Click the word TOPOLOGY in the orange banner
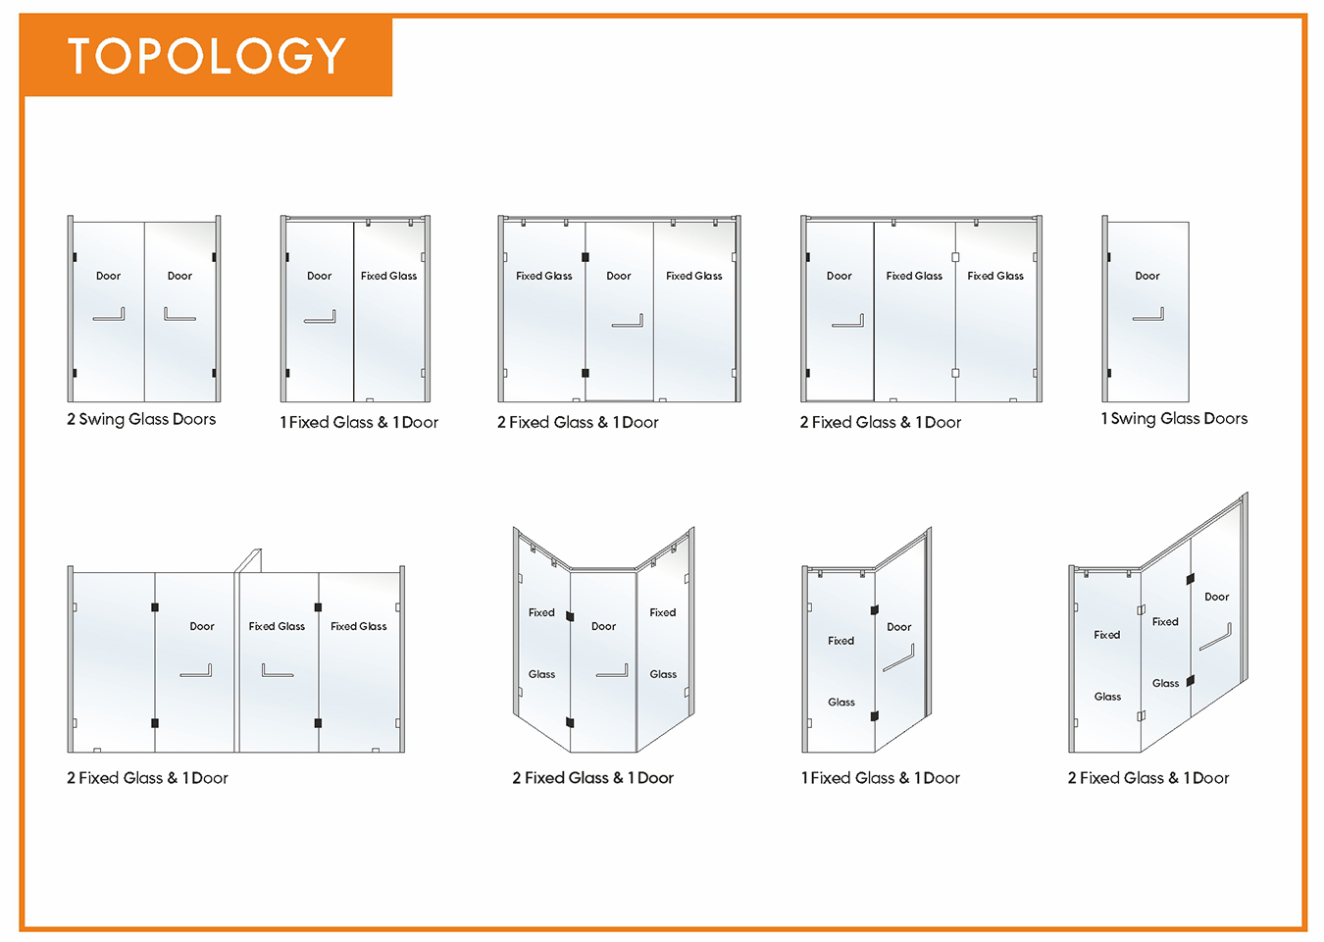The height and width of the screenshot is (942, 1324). coord(206,56)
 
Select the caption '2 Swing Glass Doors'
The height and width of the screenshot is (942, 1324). coord(141,419)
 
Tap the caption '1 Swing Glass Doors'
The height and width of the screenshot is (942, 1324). coord(1174,419)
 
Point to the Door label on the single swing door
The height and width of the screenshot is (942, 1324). coord(1147,276)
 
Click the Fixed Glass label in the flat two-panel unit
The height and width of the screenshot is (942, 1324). coord(389,276)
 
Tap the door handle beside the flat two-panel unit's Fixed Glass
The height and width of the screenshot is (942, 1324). coord(320,319)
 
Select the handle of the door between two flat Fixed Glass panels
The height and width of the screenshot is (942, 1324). coord(627,323)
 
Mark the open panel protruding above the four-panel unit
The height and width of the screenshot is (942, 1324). coord(248,560)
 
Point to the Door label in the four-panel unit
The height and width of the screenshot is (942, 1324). coord(202,626)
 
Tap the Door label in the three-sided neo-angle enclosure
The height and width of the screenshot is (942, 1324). coord(603,626)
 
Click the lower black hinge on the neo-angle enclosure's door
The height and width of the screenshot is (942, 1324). coord(570,722)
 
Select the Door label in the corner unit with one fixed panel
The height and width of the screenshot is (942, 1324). coord(899,627)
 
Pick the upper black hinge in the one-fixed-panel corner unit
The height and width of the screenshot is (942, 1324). coord(874,610)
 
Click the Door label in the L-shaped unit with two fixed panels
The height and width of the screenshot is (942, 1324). coord(1217,597)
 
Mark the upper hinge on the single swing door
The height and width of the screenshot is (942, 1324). coord(1109,257)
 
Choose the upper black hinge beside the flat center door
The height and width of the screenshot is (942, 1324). coord(586,257)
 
